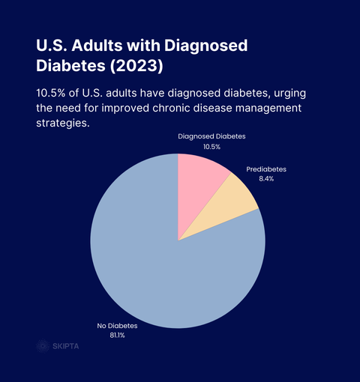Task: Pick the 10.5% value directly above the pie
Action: pos(211,148)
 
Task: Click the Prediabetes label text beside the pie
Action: pos(266,169)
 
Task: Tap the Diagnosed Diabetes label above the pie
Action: pos(211,137)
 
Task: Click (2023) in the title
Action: pos(136,65)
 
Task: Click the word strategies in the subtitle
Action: pos(63,124)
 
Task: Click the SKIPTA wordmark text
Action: pos(66,346)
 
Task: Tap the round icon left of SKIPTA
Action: pos(43,346)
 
